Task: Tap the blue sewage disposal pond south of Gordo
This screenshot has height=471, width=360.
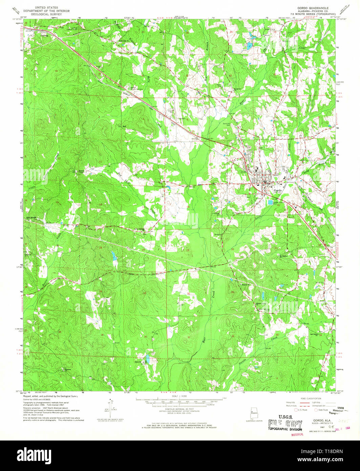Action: pyautogui.click(x=270, y=203)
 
